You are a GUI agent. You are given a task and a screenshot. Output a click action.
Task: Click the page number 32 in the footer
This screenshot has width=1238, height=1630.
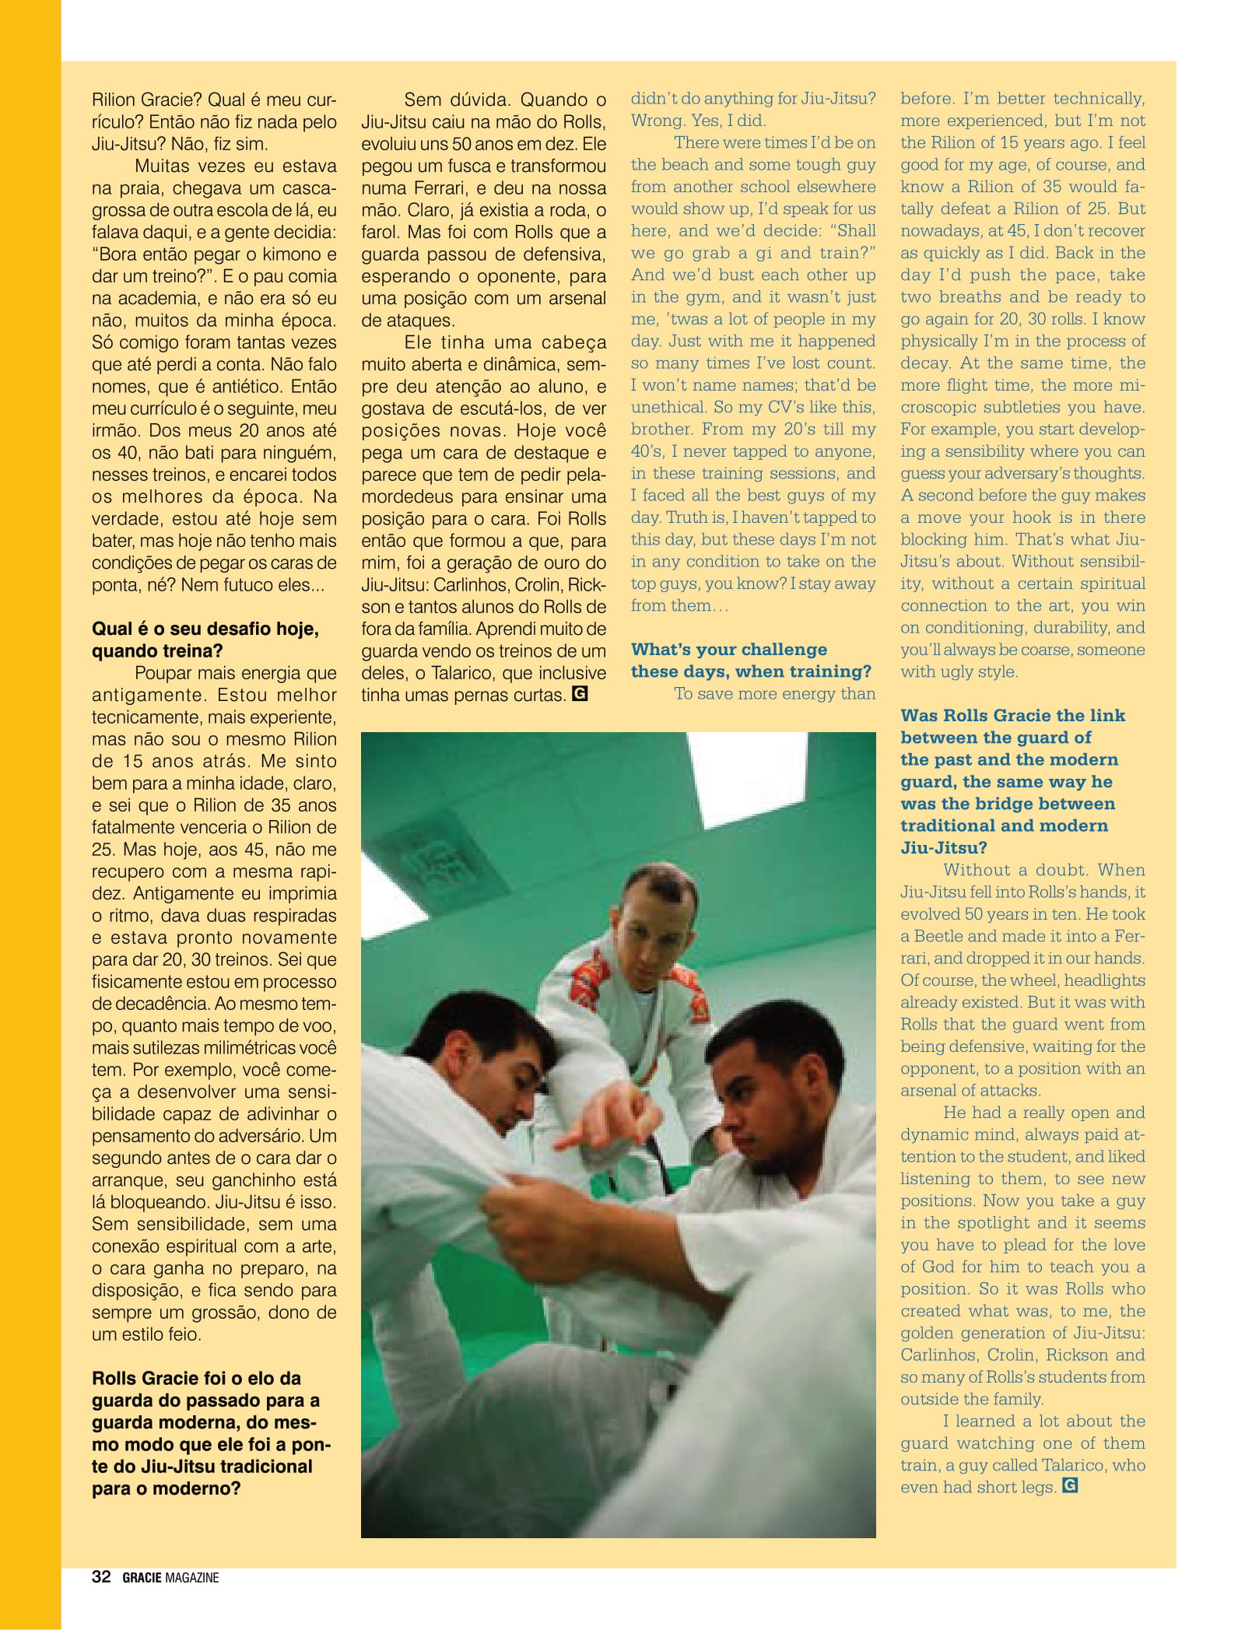click(x=101, y=1577)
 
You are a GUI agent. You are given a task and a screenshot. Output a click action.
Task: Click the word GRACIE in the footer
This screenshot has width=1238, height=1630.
click(x=142, y=1578)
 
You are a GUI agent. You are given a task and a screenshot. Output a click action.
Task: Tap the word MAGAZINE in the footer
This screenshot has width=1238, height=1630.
click(x=192, y=1578)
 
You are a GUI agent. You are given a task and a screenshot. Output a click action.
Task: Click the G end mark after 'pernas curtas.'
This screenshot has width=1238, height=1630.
click(x=579, y=692)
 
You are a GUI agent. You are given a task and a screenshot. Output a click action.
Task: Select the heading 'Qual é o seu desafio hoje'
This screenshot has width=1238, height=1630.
click(x=205, y=629)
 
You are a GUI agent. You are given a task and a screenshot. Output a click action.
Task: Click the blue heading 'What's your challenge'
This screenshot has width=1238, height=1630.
click(x=729, y=649)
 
